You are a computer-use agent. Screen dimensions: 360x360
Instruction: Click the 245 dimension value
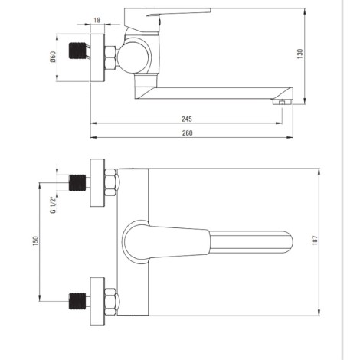tap(187, 119)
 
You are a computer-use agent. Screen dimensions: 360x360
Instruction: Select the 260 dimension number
tap(187, 133)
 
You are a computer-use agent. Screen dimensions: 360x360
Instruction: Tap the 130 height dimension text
tap(300, 54)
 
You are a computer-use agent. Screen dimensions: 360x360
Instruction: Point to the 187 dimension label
tap(315, 241)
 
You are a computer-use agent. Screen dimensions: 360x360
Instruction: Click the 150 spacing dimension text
tap(36, 241)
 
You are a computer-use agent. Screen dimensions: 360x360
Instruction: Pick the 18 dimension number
tap(97, 20)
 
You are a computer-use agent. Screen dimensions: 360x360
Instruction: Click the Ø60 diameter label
tap(53, 57)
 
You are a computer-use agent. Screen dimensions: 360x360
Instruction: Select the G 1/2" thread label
tap(53, 205)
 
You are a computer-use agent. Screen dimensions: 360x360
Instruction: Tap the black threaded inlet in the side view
tap(77, 51)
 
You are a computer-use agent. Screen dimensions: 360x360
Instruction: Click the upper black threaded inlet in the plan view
tap(77, 182)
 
